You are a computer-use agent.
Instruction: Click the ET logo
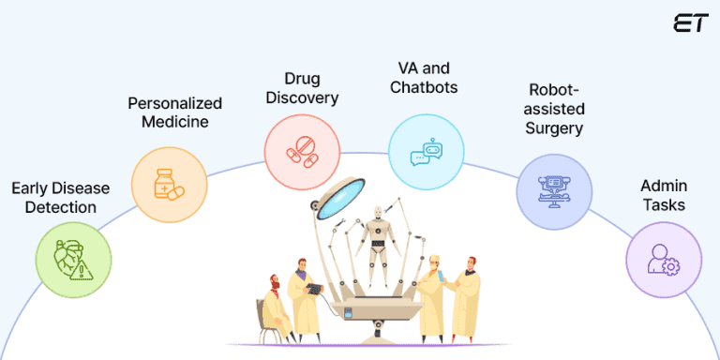(690, 24)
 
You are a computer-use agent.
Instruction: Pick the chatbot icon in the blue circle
(426, 154)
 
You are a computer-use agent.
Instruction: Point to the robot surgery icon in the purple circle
(554, 193)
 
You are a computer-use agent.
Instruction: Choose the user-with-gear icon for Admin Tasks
(663, 259)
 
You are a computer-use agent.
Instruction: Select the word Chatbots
(425, 88)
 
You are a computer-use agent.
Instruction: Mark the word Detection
(59, 206)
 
